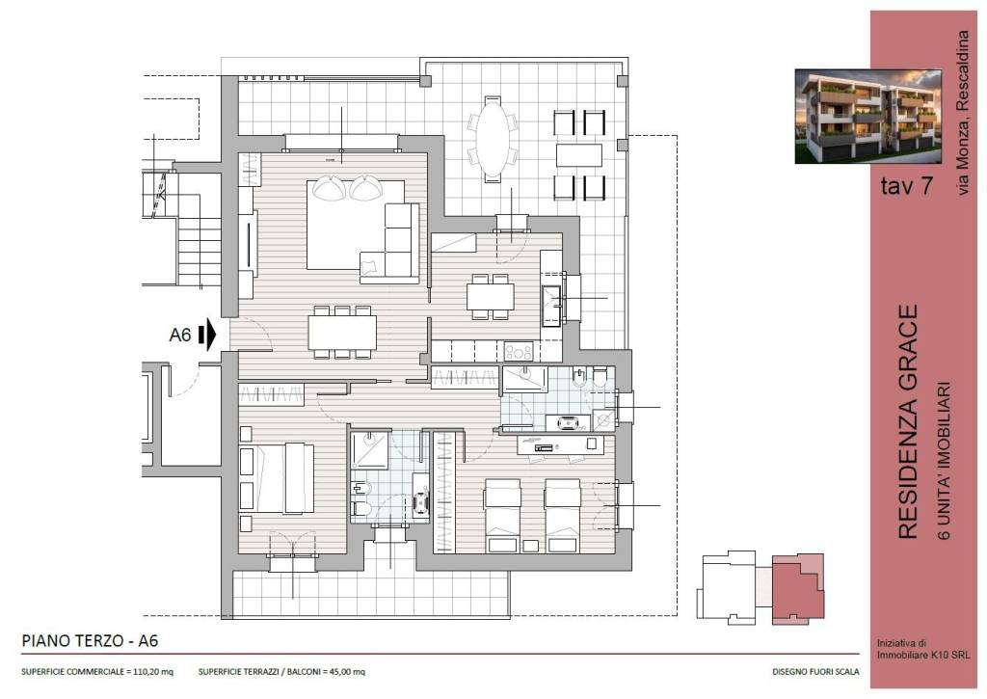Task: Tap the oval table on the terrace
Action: [493, 139]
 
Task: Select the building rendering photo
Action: [868, 117]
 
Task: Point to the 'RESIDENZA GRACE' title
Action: [907, 422]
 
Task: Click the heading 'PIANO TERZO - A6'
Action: [90, 641]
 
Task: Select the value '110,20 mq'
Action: [153, 672]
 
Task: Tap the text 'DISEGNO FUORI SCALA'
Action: [815, 672]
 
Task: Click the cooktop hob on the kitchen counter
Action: [518, 351]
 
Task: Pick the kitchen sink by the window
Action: [551, 306]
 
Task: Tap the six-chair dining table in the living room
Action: [342, 332]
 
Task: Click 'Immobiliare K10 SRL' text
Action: [923, 655]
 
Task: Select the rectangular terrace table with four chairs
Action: [579, 155]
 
